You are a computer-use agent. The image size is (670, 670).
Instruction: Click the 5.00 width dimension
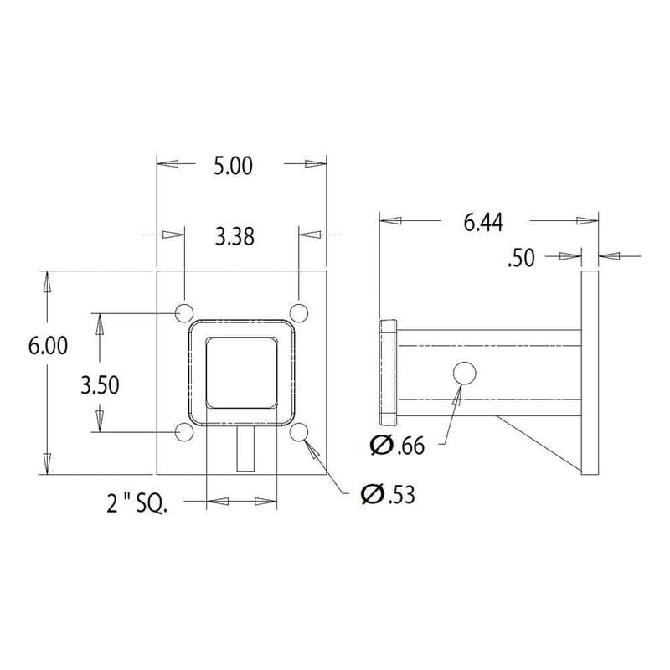pyautogui.click(x=233, y=166)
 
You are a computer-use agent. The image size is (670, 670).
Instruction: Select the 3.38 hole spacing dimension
pyautogui.click(x=234, y=237)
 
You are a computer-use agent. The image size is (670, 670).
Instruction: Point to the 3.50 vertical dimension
pyautogui.click(x=100, y=385)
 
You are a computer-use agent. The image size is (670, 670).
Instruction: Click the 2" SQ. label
pyautogui.click(x=137, y=504)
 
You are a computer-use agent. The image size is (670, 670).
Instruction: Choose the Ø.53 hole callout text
pyautogui.click(x=387, y=495)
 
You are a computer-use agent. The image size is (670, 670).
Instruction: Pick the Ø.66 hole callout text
pyautogui.click(x=397, y=446)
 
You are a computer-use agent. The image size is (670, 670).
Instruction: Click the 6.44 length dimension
pyautogui.click(x=483, y=222)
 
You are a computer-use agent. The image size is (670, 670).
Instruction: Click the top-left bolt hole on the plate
pyautogui.click(x=184, y=312)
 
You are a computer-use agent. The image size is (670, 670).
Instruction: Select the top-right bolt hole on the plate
pyautogui.click(x=299, y=312)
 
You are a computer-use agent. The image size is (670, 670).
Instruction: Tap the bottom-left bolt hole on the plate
pyautogui.click(x=184, y=432)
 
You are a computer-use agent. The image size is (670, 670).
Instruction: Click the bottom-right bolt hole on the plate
pyautogui.click(x=299, y=432)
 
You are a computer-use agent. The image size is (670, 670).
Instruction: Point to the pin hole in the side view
pyautogui.click(x=465, y=374)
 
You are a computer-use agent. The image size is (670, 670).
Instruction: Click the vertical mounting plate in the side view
pyautogui.click(x=589, y=373)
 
